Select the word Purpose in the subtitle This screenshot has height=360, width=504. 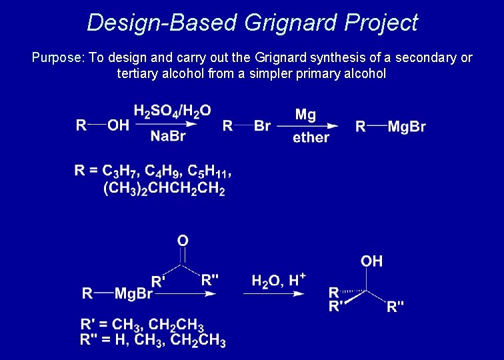point(56,58)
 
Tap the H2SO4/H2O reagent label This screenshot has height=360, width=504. point(172,110)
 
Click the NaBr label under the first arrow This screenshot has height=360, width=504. point(168,137)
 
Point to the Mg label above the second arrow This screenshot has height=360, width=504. point(305,114)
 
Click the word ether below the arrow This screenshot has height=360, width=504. point(311,138)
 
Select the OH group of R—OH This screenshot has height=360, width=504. point(118,125)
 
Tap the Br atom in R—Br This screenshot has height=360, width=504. point(263,126)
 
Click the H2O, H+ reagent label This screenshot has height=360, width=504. point(278,280)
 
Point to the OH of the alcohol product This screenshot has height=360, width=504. point(371,261)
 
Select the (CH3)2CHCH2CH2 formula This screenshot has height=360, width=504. point(164,190)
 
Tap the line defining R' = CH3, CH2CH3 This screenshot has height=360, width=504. point(142,325)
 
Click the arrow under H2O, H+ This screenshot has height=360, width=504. point(273,293)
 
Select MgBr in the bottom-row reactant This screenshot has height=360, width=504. point(133,293)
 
